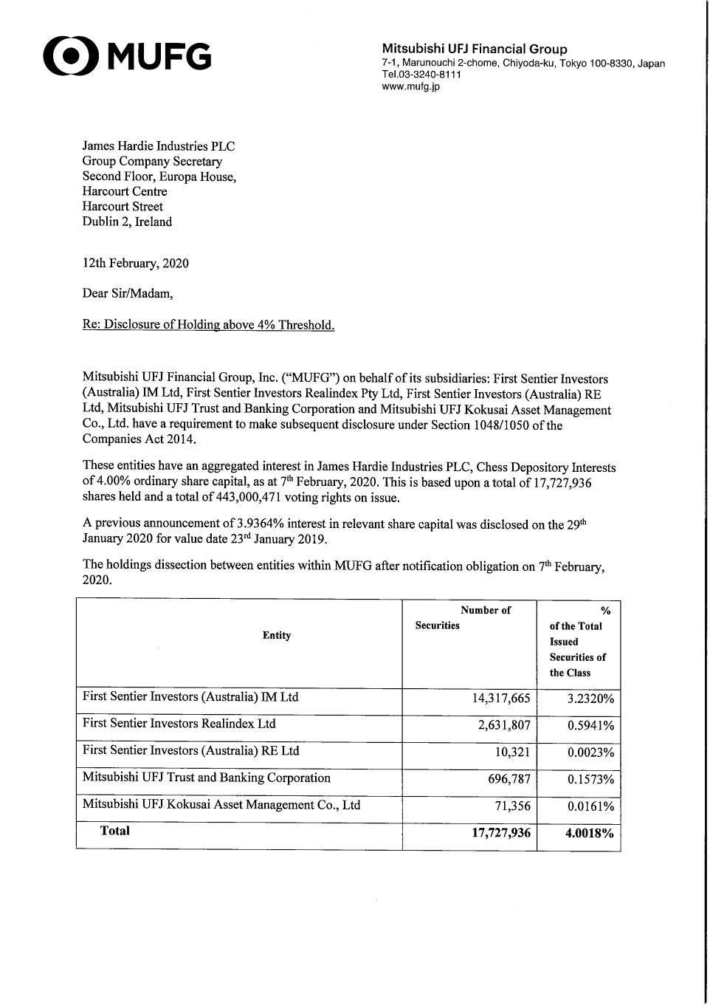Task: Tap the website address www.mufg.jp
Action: (410, 86)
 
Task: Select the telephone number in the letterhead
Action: (421, 75)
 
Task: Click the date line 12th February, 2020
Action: (135, 264)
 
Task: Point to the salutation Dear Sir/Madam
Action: (128, 293)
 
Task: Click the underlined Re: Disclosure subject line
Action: (208, 325)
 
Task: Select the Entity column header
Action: (277, 635)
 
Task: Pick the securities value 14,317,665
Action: (501, 699)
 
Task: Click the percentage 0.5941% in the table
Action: (590, 725)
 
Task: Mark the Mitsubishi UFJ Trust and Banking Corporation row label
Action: (207, 778)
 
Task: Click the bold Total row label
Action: (114, 831)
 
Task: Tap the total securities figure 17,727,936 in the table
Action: (501, 833)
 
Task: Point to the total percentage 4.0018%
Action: (589, 833)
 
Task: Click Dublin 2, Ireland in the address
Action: (127, 222)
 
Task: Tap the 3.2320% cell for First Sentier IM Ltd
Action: (590, 699)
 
